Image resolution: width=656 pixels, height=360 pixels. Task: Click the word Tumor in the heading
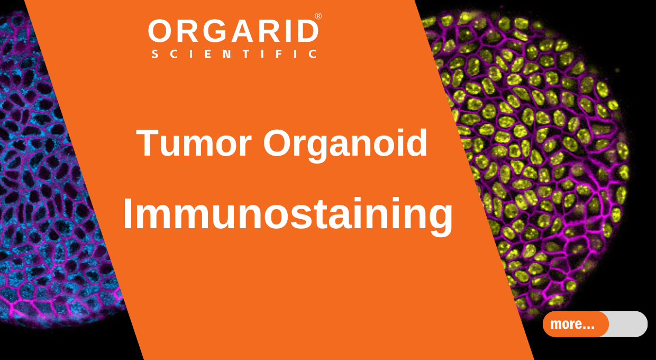(x=194, y=143)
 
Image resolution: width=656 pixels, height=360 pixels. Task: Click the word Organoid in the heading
(x=345, y=146)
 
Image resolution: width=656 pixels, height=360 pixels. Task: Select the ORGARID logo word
(x=233, y=31)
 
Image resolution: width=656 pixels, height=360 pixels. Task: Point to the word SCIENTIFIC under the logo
(x=234, y=54)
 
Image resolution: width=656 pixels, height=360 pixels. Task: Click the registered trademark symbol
(x=318, y=16)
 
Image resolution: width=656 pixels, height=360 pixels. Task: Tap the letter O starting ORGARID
(x=160, y=31)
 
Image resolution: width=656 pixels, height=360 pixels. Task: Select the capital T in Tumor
(x=148, y=143)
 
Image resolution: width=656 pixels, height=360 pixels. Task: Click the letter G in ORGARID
(x=218, y=31)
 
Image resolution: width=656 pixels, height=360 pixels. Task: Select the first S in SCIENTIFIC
(x=155, y=54)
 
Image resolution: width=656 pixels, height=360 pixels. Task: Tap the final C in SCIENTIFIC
(x=313, y=54)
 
